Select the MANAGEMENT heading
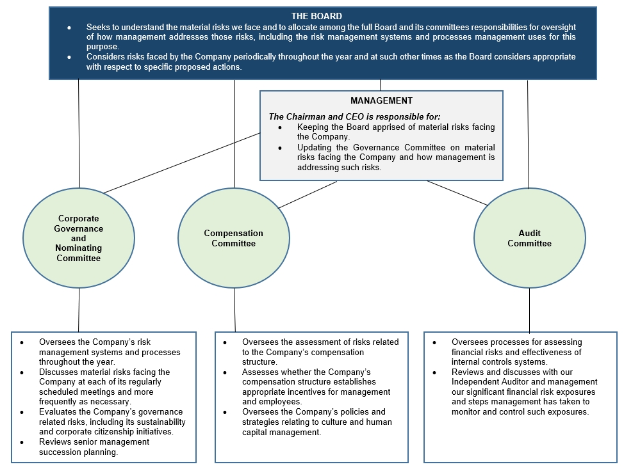pyautogui.click(x=381, y=100)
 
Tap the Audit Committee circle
pyautogui.click(x=529, y=238)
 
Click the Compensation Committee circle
pyautogui.click(x=233, y=238)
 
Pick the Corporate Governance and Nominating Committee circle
pyautogui.click(x=78, y=238)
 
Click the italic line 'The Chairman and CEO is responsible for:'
pyautogui.click(x=354, y=116)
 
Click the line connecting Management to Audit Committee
pyautogui.click(x=457, y=193)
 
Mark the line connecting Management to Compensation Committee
pyautogui.click(x=308, y=195)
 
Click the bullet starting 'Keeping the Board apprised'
pyautogui.click(x=395, y=132)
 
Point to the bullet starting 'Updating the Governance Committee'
pyautogui.click(x=395, y=157)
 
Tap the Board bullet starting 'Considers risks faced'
pyautogui.click(x=331, y=61)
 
